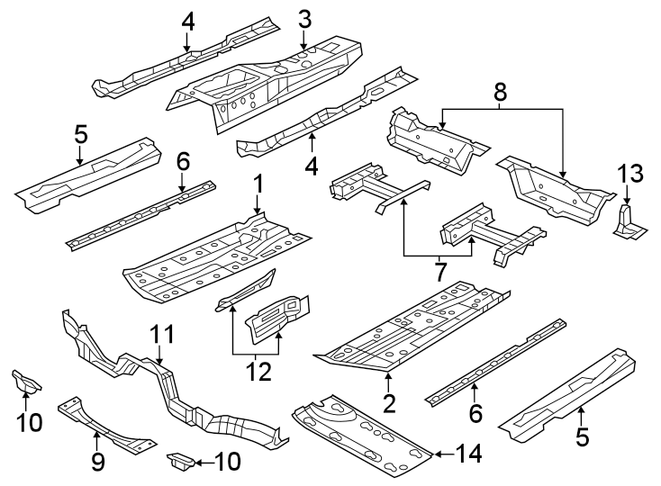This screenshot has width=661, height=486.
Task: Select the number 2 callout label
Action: [388, 402]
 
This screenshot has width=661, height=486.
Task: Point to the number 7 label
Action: [440, 269]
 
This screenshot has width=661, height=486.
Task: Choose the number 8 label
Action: [501, 90]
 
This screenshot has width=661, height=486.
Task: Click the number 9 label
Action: [97, 463]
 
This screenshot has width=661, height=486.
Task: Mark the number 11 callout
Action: [159, 335]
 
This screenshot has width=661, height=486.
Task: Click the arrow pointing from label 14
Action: [439, 454]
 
